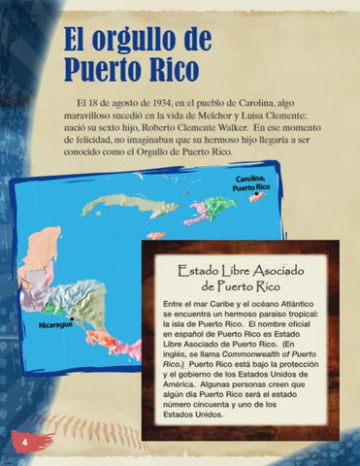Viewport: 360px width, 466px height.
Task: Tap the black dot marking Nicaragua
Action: [x=73, y=318]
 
